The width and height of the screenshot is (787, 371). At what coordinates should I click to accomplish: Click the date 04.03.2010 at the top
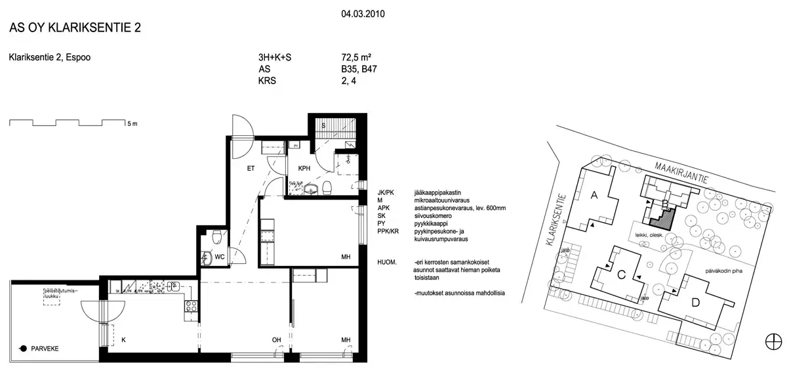363,12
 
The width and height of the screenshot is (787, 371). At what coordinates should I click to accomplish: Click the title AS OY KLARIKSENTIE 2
75,28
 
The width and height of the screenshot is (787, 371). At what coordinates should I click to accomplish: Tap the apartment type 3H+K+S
275,58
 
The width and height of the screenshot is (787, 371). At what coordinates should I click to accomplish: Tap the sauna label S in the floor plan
323,125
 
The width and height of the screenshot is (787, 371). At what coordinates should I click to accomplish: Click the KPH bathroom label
304,168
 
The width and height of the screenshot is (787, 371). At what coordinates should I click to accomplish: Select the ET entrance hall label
251,169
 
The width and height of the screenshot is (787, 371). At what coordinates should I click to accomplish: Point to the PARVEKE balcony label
45,349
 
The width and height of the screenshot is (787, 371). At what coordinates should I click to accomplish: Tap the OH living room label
277,339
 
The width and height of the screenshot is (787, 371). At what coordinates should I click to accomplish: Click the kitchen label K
123,339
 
